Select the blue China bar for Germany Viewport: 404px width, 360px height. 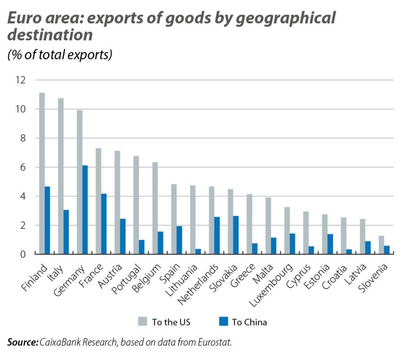(85, 210)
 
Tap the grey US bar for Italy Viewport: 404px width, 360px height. (61, 176)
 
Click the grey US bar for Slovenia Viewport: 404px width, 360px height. (381, 245)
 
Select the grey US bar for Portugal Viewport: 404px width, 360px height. (136, 205)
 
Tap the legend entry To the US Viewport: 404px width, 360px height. (171, 322)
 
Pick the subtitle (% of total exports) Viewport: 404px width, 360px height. (59, 55)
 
